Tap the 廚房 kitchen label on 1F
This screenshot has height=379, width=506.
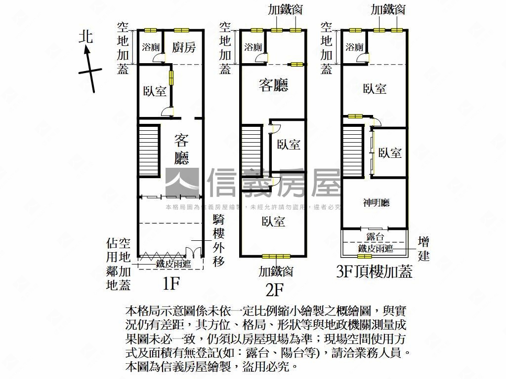184,47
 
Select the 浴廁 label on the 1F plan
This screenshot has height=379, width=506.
150,48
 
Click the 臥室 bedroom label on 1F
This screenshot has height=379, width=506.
155,91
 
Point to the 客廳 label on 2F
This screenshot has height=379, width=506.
274,85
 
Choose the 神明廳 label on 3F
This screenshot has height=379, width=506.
376,203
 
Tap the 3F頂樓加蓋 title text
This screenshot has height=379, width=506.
374,272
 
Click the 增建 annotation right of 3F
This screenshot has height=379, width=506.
423,249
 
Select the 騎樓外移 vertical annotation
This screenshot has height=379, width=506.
219,241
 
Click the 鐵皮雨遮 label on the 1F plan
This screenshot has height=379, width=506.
173,264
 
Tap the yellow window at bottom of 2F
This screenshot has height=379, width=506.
276,256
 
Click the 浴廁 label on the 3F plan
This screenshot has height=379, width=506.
355,48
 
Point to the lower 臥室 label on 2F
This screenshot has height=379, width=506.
273,222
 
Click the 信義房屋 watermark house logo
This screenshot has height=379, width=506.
182,183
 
